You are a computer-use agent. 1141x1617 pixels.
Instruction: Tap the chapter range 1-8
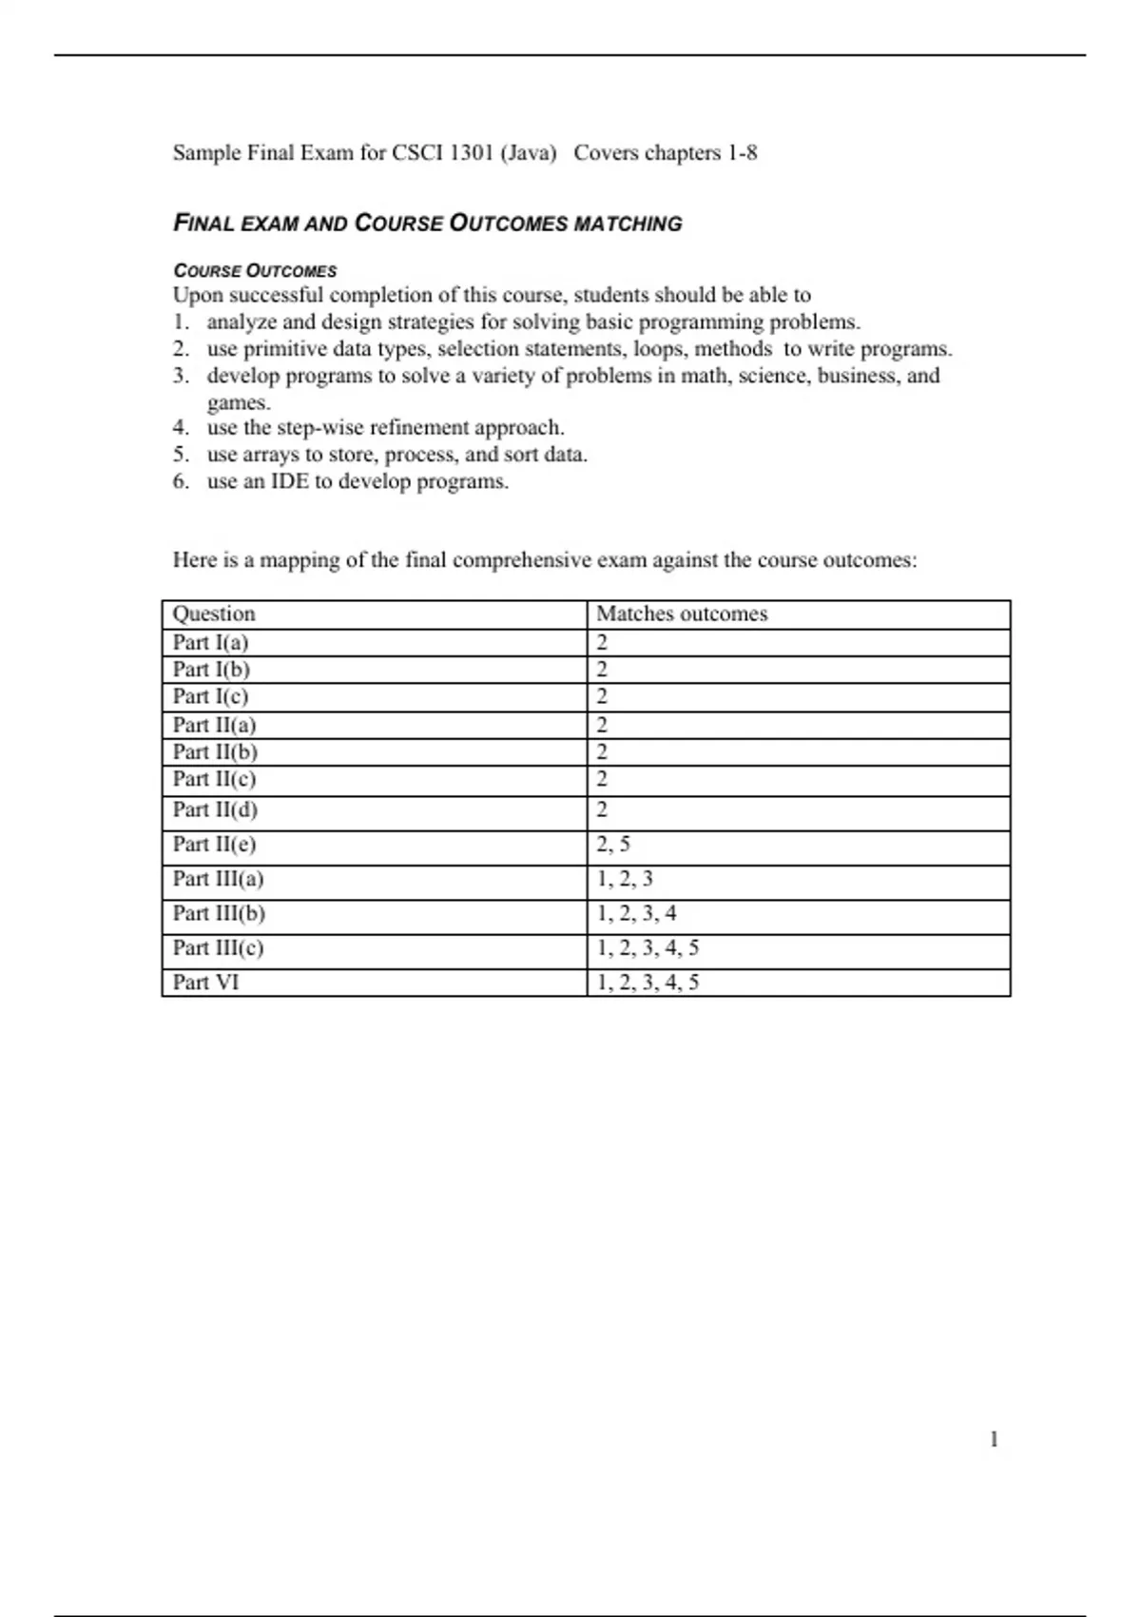742,153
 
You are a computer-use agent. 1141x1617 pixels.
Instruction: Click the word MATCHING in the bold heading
629,224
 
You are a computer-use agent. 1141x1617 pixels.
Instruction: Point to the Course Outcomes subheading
255,271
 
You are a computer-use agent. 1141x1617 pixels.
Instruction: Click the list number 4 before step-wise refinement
180,428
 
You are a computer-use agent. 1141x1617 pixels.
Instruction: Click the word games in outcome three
237,402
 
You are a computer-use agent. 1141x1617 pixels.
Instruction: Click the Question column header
214,614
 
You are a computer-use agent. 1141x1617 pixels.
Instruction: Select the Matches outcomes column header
682,614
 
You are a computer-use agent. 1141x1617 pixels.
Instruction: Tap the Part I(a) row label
210,643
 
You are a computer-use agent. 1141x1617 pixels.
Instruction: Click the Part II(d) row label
215,810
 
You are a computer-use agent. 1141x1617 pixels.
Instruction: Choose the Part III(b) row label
219,914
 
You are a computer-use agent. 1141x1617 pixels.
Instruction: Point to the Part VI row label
205,983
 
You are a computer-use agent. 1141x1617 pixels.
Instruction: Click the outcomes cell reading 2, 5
613,845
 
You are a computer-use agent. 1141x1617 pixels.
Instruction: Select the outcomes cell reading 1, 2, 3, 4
636,914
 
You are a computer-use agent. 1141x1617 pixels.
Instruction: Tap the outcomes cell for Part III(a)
625,879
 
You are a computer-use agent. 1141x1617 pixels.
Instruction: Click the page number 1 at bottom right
994,1440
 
